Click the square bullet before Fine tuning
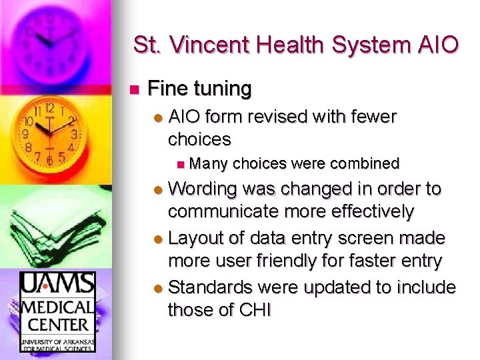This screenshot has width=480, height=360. point(133,89)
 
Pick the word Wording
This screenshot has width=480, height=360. point(203,189)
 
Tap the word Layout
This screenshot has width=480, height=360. point(195,238)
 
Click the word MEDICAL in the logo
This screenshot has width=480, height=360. point(57,308)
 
